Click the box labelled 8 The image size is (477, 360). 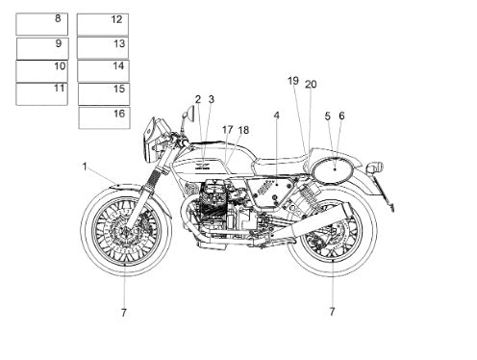[x=41, y=24]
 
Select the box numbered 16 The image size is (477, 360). [x=104, y=117]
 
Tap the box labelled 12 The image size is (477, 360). [x=103, y=24]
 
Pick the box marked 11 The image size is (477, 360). [x=41, y=93]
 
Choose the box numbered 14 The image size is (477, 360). [x=103, y=70]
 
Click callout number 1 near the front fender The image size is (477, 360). [x=85, y=167]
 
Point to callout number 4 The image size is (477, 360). [x=277, y=116]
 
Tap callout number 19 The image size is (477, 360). [x=293, y=81]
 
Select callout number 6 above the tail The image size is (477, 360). [x=341, y=116]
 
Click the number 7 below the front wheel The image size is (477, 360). [x=124, y=312]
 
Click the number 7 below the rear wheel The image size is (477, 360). [x=332, y=311]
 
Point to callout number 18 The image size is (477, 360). [x=243, y=130]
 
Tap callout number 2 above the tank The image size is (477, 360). [x=198, y=99]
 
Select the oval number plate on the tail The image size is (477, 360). [x=334, y=169]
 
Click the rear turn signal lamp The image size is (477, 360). [x=375, y=167]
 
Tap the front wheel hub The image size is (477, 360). [x=125, y=231]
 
